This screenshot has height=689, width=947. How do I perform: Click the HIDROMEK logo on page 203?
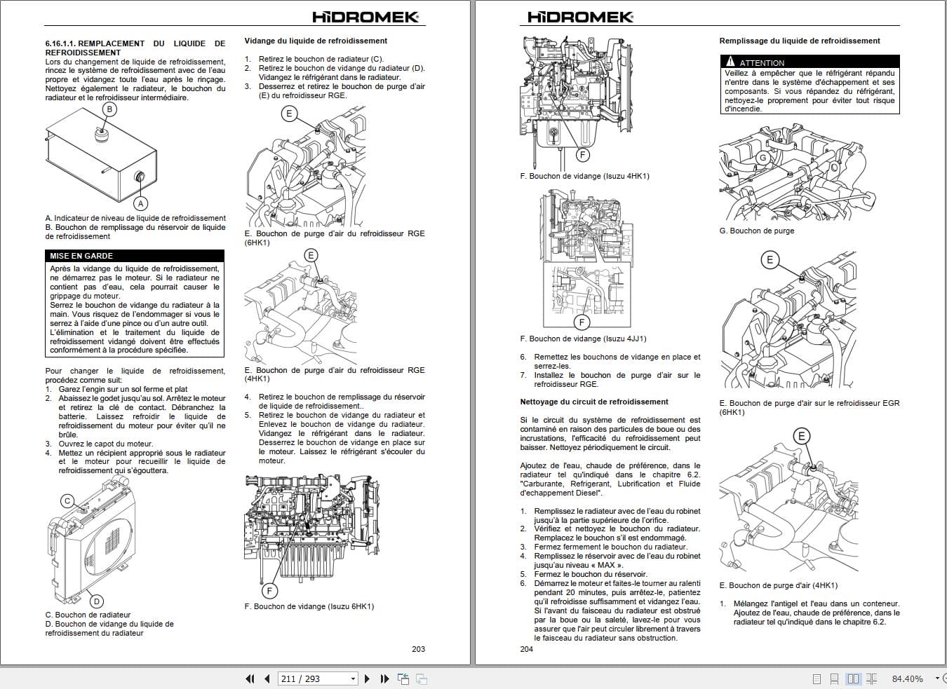tap(365, 18)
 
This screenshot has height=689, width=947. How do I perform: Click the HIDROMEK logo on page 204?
tap(580, 18)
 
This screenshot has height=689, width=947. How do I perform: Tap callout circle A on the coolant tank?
tap(141, 203)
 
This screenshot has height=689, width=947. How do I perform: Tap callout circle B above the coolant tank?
tap(109, 109)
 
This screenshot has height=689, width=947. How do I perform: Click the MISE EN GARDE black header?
tap(135, 256)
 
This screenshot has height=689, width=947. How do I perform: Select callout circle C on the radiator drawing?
tap(67, 500)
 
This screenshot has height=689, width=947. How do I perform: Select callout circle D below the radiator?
tap(97, 601)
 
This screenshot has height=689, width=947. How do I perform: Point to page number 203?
tap(418, 649)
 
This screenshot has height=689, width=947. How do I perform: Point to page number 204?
tap(526, 649)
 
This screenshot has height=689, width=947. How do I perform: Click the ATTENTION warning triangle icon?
tap(730, 62)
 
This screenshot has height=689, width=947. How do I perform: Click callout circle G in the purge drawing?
tap(763, 158)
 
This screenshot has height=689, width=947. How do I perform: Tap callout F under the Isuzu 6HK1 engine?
tap(269, 590)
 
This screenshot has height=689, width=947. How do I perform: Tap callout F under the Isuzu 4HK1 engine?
tap(582, 154)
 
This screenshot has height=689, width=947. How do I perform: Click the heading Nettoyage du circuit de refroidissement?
tap(593, 402)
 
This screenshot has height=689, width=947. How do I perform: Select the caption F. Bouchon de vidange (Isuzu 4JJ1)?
tap(583, 339)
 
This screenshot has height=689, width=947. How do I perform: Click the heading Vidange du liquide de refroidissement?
tap(316, 41)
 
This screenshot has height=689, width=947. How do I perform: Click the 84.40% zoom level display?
tap(907, 678)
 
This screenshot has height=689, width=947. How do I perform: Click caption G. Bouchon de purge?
tap(756, 231)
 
